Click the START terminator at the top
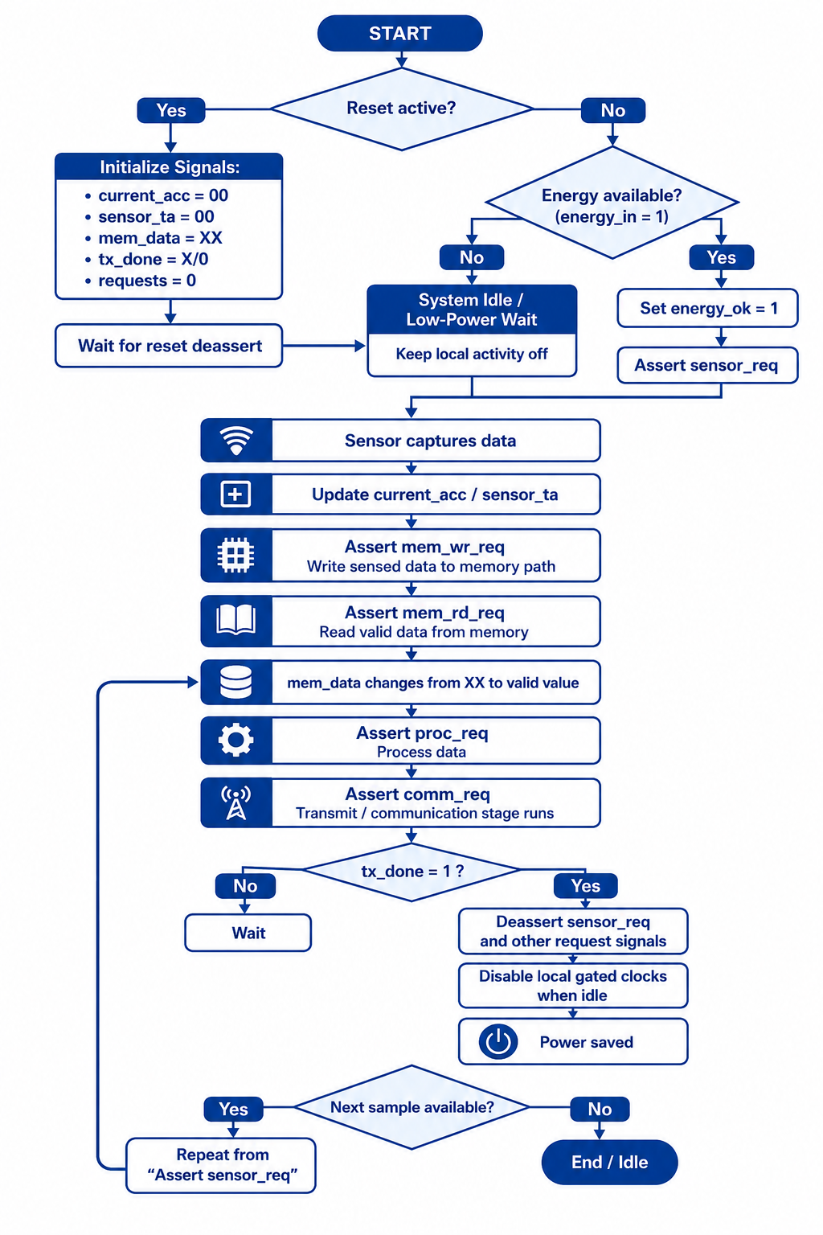(399, 33)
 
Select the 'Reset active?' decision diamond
(402, 109)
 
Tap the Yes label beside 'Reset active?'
(171, 110)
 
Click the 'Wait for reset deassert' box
(169, 346)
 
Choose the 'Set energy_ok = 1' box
(708, 308)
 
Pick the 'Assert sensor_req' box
(708, 365)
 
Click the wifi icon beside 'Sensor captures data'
(236, 440)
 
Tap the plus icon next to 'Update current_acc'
(236, 494)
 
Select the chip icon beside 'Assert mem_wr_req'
(236, 556)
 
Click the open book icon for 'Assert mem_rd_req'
(236, 620)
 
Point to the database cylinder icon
(236, 682)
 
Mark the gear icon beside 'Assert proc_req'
(236, 740)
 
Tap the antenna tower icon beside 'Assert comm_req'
(236, 802)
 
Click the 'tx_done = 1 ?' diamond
(411, 872)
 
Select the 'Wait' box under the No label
(248, 933)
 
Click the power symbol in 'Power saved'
(498, 1041)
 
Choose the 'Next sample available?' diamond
(411, 1107)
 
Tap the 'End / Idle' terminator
(610, 1162)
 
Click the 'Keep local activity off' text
(472, 354)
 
